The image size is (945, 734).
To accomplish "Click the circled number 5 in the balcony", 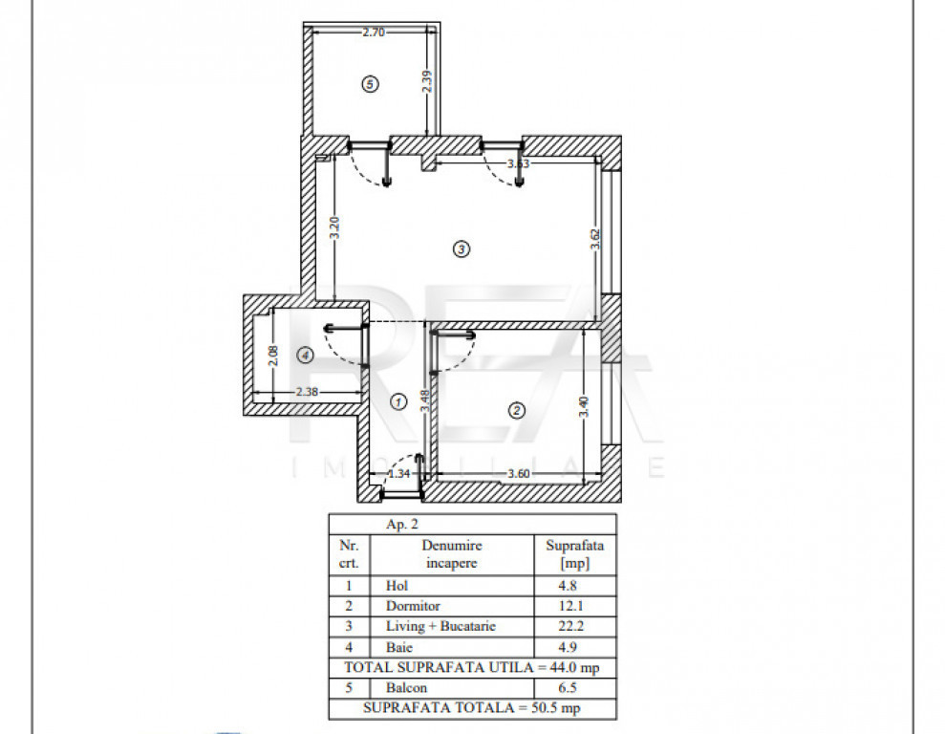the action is tap(370, 84).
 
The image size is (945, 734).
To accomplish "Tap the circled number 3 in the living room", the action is tap(462, 248).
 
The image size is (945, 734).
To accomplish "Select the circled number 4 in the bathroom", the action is tap(306, 356).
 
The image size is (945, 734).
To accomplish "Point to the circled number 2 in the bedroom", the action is tap(517, 410).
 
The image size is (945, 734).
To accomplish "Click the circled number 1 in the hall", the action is tap(398, 401).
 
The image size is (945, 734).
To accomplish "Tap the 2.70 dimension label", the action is tap(374, 32).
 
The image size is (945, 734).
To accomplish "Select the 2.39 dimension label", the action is tap(427, 81).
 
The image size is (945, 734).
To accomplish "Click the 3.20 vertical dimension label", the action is tap(334, 227).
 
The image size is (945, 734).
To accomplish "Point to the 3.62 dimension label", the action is tap(595, 239).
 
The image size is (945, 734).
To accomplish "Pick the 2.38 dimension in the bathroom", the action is tap(307, 392).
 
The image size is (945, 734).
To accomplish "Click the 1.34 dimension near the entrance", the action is tap(399, 474).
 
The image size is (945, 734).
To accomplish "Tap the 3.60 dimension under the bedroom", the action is tap(518, 474).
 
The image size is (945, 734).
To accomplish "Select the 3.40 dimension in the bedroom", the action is tap(584, 407).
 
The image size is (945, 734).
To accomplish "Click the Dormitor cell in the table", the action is tap(413, 606).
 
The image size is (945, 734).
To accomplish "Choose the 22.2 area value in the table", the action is tap(570, 626).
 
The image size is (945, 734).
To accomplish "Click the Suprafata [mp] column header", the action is tap(575, 554).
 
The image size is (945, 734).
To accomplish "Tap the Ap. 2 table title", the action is tap(402, 525).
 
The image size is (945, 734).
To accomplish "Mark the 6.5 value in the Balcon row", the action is tap(568, 687).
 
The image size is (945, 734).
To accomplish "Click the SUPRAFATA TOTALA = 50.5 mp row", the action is tap(472, 708).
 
